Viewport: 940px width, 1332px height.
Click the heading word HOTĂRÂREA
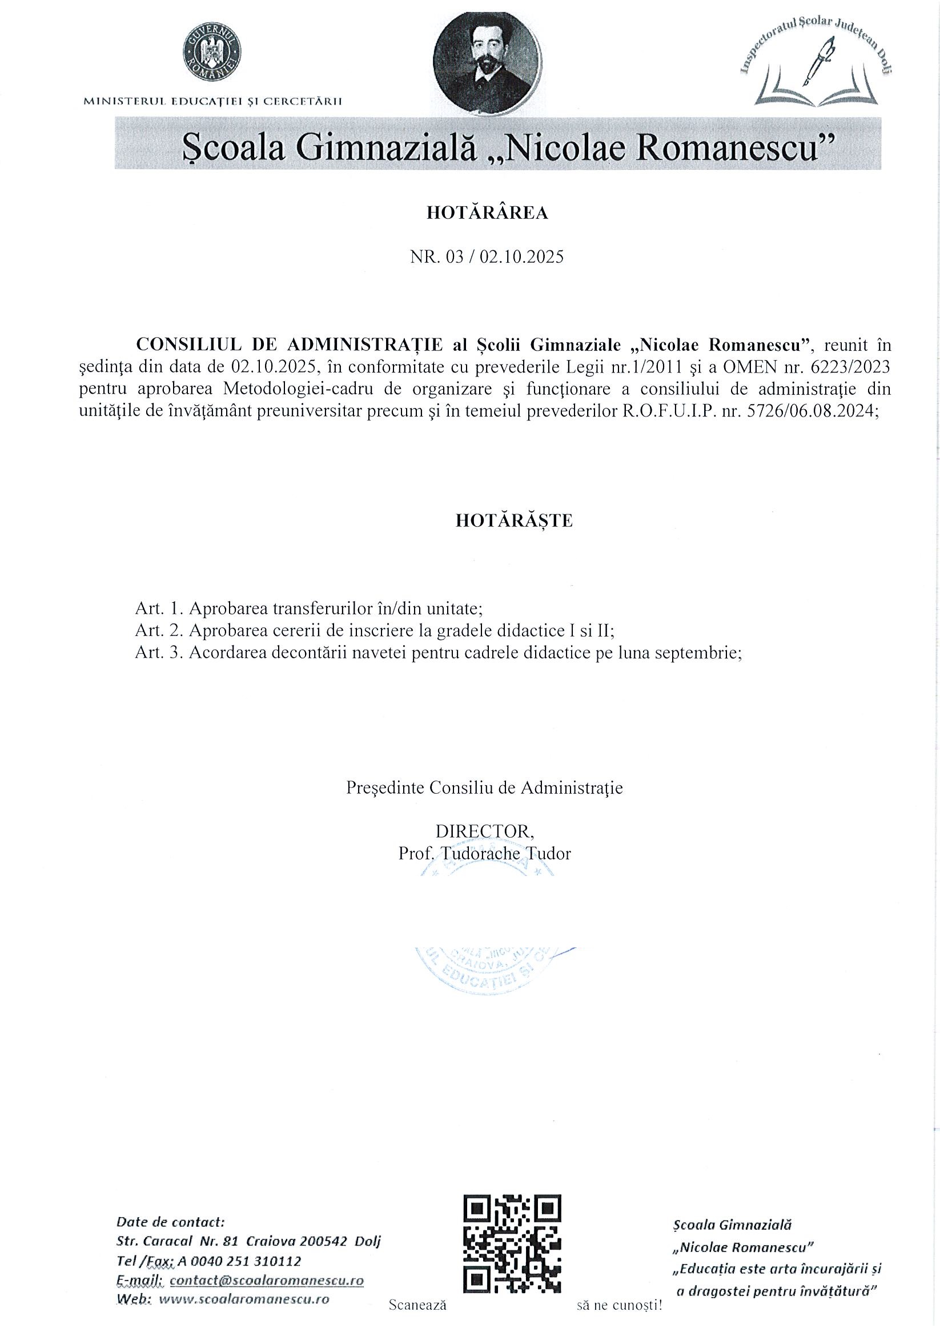coord(487,214)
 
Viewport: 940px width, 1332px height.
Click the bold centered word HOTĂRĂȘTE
coord(514,521)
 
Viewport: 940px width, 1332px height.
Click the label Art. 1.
coord(159,609)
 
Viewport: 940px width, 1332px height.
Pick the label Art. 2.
coord(159,630)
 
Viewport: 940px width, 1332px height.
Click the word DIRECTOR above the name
coord(485,831)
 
